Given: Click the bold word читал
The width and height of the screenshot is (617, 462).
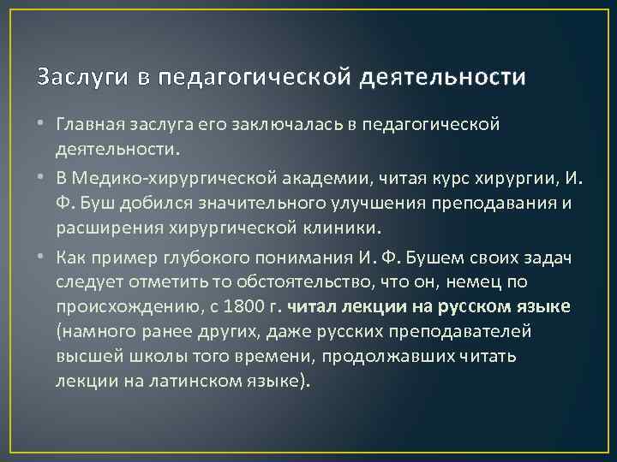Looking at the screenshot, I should (314, 305).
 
